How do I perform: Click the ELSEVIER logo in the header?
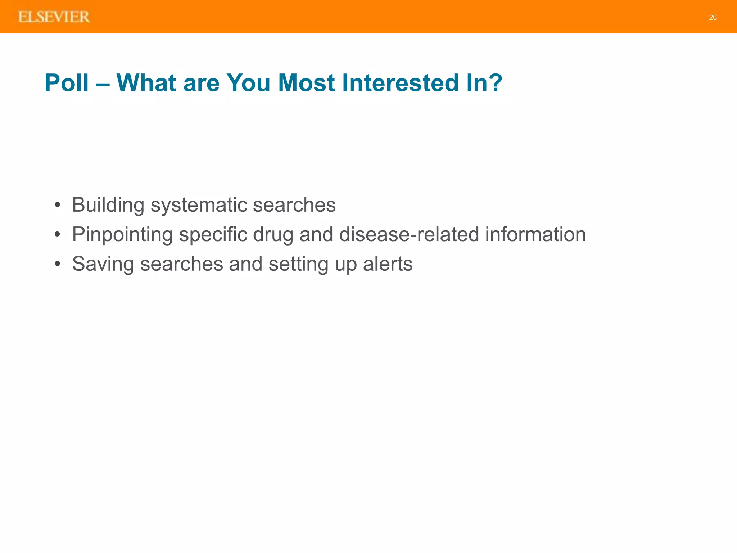[x=54, y=17]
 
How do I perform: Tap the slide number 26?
[x=713, y=17]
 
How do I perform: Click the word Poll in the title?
[x=67, y=83]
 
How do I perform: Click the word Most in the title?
[x=307, y=83]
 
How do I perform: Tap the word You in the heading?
[x=248, y=83]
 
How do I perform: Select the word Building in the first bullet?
[x=108, y=205]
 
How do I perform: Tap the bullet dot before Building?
[x=57, y=206]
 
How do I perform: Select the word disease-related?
[x=409, y=235]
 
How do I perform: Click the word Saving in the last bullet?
[x=103, y=264]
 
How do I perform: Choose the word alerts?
[x=388, y=264]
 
